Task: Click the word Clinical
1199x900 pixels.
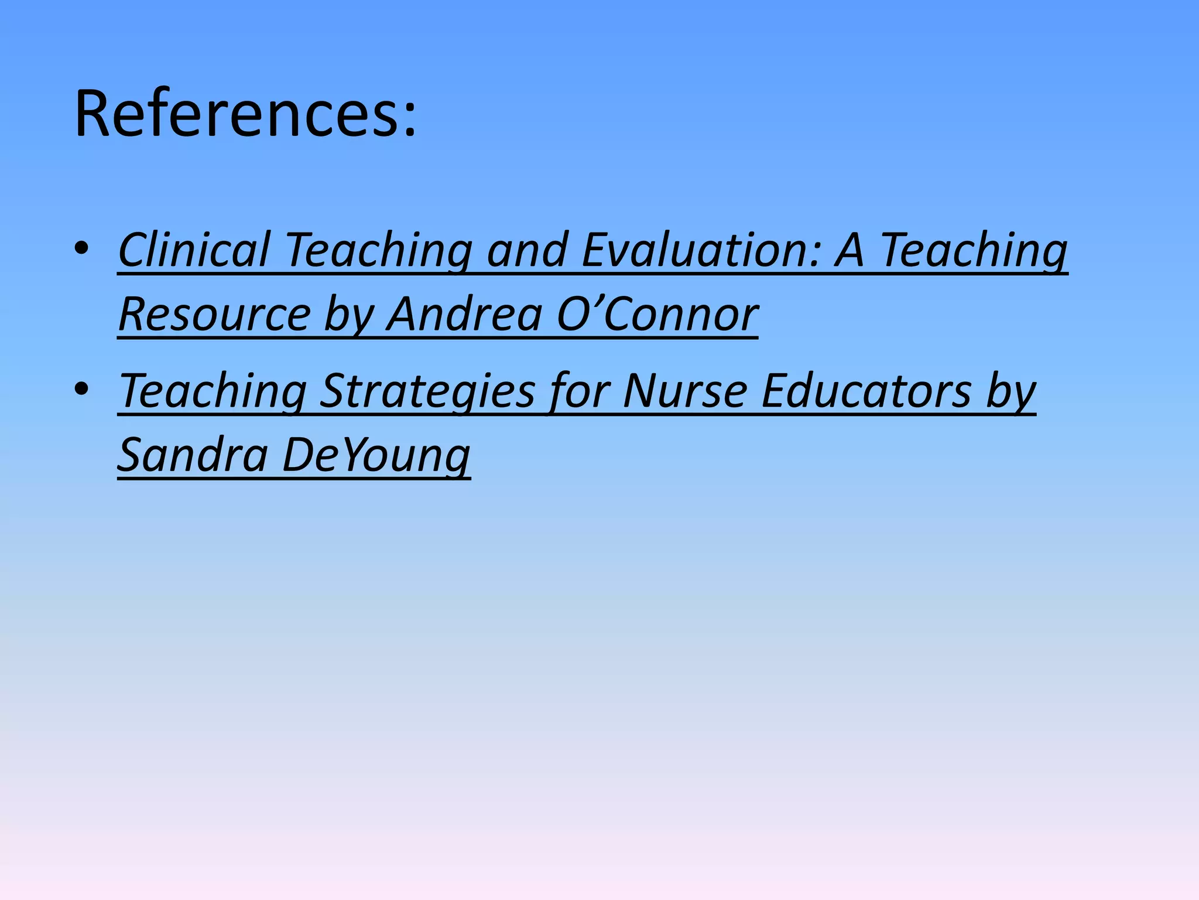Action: [x=194, y=250]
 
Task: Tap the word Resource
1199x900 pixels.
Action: [x=214, y=315]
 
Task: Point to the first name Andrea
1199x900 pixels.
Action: [x=464, y=315]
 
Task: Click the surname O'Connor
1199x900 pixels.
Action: [x=657, y=315]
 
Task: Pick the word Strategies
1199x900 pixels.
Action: [x=427, y=391]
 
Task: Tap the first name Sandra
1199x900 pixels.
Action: [x=193, y=455]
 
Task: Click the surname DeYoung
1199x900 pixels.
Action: [x=376, y=455]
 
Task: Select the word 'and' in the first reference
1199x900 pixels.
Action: [x=527, y=250]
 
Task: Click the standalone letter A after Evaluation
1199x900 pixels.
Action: [x=849, y=250]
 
